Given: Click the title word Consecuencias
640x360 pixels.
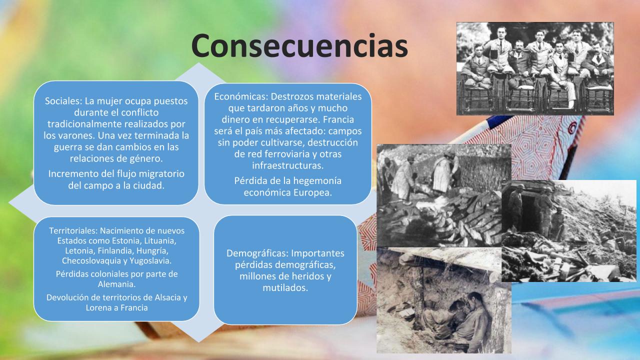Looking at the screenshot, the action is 299,45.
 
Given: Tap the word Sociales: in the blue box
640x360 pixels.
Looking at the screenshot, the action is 63,101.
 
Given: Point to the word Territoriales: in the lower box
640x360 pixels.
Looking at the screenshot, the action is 73,230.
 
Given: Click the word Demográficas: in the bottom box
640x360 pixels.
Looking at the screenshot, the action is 257,253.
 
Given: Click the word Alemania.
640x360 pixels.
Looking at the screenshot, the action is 116,284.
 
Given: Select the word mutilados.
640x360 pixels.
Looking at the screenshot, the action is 285,287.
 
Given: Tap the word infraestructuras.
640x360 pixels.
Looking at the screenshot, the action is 287,165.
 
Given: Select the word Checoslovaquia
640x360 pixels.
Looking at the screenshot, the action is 91,261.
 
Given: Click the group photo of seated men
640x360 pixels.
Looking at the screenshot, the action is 535,69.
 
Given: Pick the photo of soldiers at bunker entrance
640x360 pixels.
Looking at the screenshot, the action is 569,231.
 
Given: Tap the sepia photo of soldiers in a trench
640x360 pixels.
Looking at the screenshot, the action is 443,300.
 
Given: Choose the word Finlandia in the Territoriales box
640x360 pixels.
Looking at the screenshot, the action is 115,251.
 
